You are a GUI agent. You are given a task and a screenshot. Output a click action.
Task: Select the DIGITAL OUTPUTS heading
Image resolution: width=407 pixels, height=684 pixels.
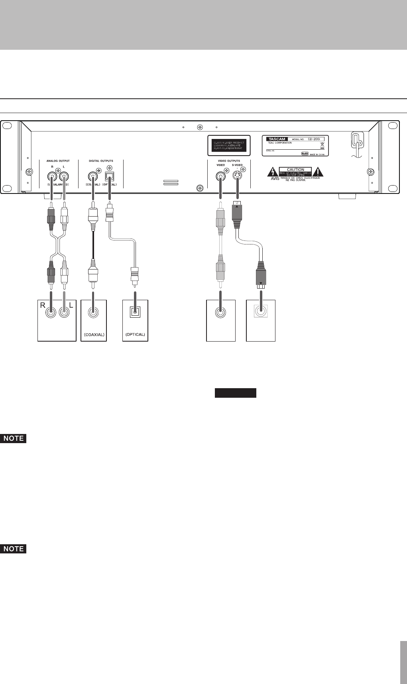[101, 161]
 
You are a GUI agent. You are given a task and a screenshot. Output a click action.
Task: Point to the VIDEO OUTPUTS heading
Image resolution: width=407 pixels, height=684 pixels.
[229, 161]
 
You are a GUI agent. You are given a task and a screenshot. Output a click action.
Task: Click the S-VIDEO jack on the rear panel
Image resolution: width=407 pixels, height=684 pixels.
[238, 176]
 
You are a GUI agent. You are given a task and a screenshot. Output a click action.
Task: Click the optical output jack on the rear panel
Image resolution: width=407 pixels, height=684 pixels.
[109, 176]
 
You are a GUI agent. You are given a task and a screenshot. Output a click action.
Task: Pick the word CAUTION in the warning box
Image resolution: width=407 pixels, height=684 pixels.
[295, 170]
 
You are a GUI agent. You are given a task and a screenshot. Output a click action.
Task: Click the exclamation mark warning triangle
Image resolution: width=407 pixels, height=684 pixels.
[318, 172]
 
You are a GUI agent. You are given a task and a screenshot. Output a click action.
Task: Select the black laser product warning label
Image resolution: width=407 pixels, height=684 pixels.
[227, 145]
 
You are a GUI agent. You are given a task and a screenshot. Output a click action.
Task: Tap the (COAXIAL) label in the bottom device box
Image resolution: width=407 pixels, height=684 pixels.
[94, 334]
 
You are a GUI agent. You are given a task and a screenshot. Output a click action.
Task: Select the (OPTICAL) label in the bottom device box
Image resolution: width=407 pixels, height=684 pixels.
[135, 334]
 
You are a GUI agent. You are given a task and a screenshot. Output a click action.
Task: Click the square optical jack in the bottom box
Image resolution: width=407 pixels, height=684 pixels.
[135, 312]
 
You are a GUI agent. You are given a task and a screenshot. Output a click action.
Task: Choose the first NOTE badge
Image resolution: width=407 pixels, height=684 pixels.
[14, 439]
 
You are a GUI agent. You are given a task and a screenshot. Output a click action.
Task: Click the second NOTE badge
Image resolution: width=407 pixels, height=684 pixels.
[14, 549]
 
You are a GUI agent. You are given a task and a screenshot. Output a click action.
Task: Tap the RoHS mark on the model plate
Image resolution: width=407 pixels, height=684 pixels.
[305, 153]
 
